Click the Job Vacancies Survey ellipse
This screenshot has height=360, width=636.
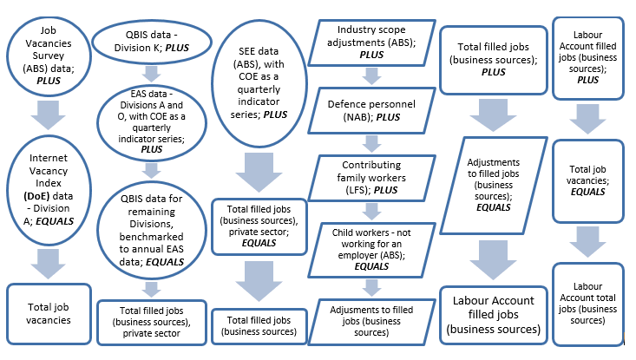(44, 55)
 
